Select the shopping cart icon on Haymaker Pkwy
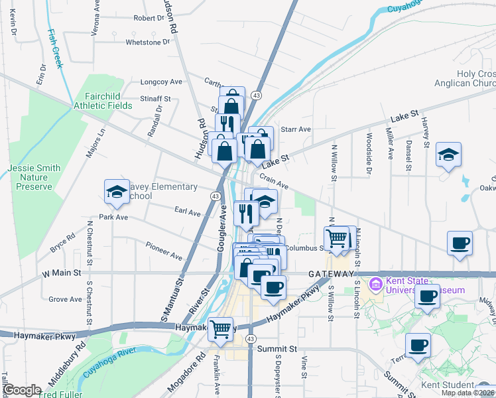[x=220, y=328]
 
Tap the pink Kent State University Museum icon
[x=376, y=284]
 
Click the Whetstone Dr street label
[x=143, y=42]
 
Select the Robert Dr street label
[x=148, y=18]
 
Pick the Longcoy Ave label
[x=161, y=82]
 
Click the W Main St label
[x=61, y=272]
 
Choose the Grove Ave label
[x=65, y=299]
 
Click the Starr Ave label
[x=296, y=129]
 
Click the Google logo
[x=23, y=389]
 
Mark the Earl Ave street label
[x=187, y=212]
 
